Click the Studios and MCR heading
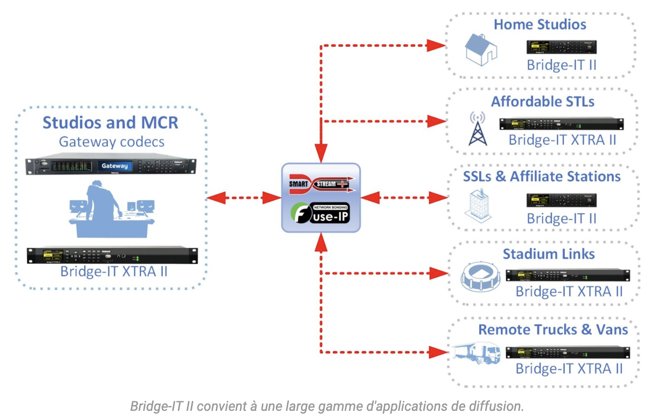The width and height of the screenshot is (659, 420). point(111,122)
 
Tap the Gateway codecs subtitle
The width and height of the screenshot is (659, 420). point(112,142)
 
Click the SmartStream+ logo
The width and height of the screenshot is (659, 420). point(321,184)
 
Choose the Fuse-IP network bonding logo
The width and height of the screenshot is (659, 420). point(321,212)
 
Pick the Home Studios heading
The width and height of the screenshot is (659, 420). point(540,25)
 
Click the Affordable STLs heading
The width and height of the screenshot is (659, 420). point(543,102)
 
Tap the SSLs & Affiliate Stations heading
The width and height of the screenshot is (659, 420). point(542,176)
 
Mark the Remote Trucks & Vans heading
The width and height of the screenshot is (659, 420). point(553,330)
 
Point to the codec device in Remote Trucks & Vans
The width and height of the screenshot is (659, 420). point(568,352)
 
